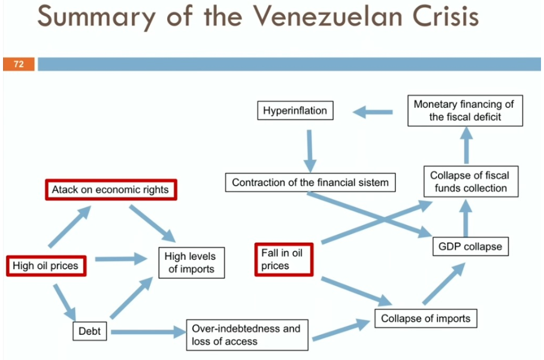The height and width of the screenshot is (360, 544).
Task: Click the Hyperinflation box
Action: pyautogui.click(x=295, y=111)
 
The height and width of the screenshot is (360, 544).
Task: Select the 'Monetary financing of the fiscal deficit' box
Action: pyautogui.click(x=465, y=110)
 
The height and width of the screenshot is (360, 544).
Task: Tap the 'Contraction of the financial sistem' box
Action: pyautogui.click(x=310, y=182)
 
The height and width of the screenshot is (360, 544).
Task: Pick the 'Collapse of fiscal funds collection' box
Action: pyautogui.click(x=469, y=181)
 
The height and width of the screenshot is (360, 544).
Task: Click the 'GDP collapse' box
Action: pyautogui.click(x=470, y=246)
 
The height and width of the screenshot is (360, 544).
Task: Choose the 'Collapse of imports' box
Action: pyautogui.click(x=426, y=318)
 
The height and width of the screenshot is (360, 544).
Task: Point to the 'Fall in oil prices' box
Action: pyautogui.click(x=283, y=259)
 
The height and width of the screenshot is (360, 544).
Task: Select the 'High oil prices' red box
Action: pyautogui.click(x=46, y=265)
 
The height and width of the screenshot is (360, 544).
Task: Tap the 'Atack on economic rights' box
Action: pyautogui.click(x=111, y=190)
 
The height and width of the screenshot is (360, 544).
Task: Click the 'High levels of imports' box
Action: pyautogui.click(x=191, y=263)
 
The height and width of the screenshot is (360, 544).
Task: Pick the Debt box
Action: pyautogui.click(x=90, y=331)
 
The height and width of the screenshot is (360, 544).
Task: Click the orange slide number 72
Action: pyautogui.click(x=19, y=64)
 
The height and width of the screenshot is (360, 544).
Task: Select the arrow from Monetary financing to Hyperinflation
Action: pyautogui.click(x=373, y=111)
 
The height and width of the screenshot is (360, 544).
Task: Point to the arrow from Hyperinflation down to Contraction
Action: pyautogui.click(x=310, y=150)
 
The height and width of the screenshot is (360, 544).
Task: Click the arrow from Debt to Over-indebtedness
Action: pyautogui.click(x=147, y=332)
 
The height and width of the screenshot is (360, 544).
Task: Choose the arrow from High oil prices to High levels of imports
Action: pyautogui.click(x=122, y=259)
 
